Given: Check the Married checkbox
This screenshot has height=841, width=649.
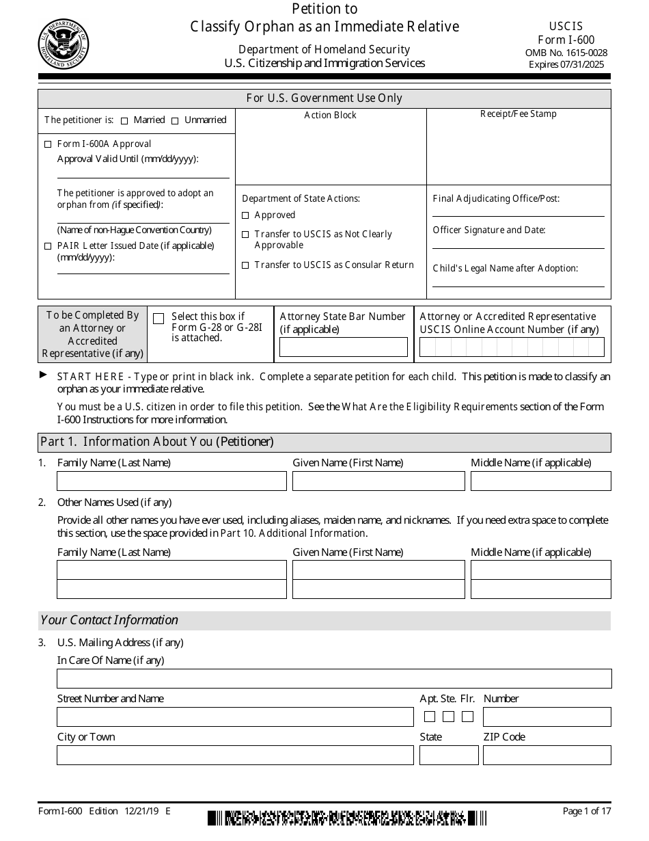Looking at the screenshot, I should click(124, 121).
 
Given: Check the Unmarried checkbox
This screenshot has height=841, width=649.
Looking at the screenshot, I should click(175, 121).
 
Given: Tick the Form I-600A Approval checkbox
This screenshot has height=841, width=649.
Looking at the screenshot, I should click(47, 144).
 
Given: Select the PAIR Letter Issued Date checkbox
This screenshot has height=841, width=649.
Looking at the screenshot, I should click(47, 246).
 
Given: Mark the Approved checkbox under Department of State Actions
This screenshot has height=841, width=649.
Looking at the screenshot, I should click(245, 215).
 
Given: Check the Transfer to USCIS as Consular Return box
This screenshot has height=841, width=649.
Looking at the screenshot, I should click(245, 265).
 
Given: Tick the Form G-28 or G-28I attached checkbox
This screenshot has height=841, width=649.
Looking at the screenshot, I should click(158, 319).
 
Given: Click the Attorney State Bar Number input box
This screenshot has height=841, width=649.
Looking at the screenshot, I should click(344, 347).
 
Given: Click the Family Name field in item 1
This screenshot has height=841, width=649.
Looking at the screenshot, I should click(171, 481).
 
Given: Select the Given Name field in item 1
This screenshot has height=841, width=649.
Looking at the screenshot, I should click(378, 481).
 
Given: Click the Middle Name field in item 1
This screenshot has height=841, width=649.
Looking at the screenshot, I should click(540, 481).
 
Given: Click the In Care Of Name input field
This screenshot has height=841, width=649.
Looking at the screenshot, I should click(334, 679).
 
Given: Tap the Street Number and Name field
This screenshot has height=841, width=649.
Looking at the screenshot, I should click(235, 717).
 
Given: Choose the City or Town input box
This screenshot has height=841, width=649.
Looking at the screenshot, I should click(235, 755).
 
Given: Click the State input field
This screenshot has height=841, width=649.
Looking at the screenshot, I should click(449, 755).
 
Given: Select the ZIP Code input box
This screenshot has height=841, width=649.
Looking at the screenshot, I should click(547, 755).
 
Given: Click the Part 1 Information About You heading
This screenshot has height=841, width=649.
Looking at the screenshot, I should click(157, 442).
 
